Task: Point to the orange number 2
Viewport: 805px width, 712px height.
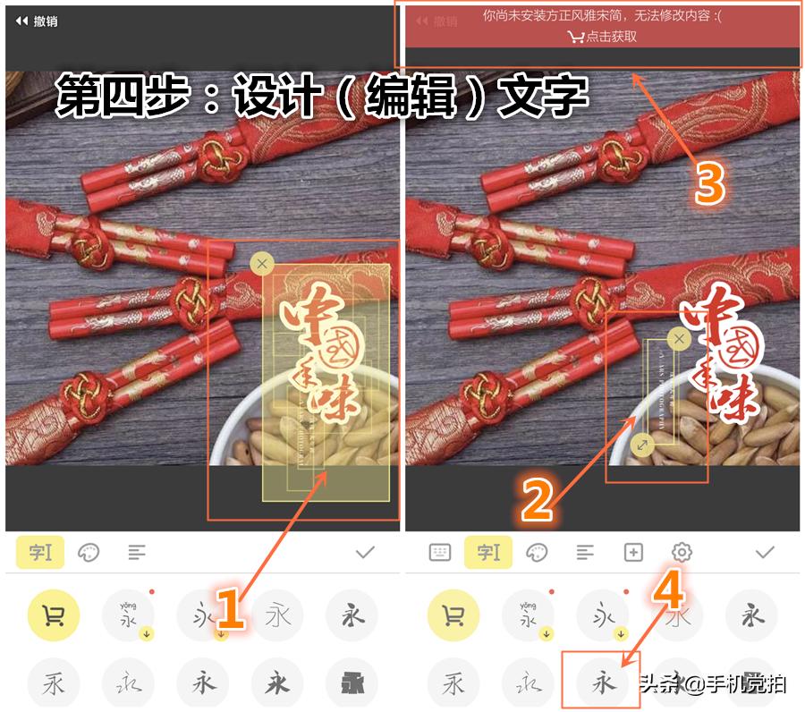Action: coord(537,501)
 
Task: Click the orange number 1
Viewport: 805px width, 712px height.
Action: coord(229,610)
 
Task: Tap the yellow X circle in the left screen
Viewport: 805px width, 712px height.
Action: coord(261,263)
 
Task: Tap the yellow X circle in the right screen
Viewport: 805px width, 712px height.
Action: coord(679,338)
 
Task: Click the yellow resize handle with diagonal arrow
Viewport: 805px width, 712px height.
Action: coord(642,444)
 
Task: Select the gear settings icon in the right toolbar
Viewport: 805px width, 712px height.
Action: coord(682,553)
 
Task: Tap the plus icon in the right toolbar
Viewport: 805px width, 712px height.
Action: coord(633,553)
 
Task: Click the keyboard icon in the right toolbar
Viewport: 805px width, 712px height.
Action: coord(439,553)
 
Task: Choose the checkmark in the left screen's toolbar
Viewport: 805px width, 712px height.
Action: coord(364,553)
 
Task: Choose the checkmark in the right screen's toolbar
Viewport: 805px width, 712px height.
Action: coord(764,553)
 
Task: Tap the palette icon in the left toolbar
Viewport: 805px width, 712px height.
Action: coord(88,553)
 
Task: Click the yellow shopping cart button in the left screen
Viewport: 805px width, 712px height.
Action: coord(53,615)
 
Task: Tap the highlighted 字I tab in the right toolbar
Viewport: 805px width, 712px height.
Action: coord(488,553)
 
